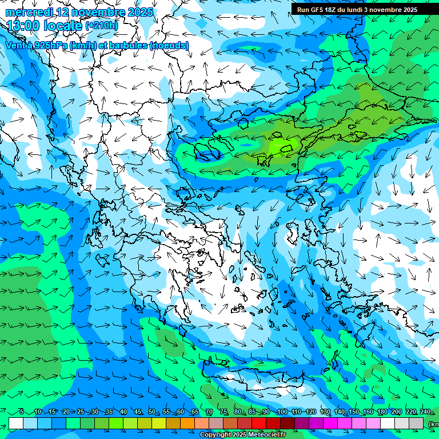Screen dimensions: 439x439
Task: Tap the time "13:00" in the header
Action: tap(23, 26)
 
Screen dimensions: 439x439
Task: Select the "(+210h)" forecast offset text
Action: tap(101, 26)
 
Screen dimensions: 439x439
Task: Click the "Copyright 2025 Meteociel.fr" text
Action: tap(243, 435)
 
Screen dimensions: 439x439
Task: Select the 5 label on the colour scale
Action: tap(21, 412)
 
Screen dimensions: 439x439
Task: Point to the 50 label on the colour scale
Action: tap(152, 412)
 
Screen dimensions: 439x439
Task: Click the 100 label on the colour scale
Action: tap(281, 412)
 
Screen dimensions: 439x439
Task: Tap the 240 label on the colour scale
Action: tap(425, 412)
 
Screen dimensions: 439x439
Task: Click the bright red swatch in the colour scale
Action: tap(259, 422)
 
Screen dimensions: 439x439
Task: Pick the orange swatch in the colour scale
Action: tap(187, 422)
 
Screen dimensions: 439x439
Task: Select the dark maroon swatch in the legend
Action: tap(288, 422)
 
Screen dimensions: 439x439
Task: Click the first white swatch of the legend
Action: tap(16, 422)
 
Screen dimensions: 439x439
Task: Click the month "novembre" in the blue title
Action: tap(101, 12)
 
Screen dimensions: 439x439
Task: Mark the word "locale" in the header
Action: tap(61, 26)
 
